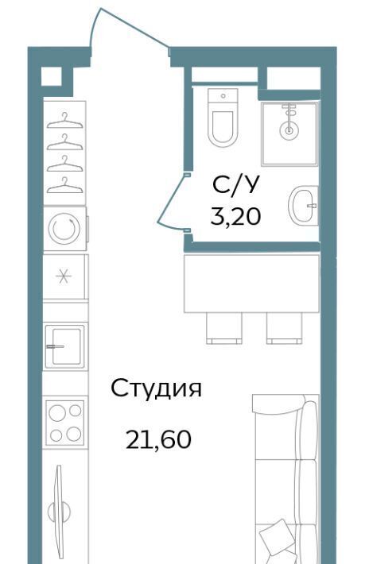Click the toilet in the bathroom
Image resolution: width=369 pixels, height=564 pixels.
[223, 118]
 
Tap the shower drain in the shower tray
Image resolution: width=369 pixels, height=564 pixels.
[289, 129]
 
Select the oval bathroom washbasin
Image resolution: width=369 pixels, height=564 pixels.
[303, 206]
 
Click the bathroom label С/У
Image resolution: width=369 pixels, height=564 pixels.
[235, 185]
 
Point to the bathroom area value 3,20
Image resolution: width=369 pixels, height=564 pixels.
[235, 216]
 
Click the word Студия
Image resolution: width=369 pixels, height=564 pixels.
[156, 388]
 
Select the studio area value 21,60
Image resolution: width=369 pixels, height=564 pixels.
[158, 439]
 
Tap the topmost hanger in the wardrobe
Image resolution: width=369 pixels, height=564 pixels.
[64, 121]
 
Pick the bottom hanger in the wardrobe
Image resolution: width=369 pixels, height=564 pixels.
[64, 185]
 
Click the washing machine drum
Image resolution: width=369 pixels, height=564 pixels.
[64, 229]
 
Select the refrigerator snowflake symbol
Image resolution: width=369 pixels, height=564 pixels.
[64, 276]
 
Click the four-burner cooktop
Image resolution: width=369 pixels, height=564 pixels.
[64, 423]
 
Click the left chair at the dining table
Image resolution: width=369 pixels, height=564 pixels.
[224, 328]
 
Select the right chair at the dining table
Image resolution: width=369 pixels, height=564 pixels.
[285, 328]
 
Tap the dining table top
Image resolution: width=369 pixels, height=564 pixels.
[251, 284]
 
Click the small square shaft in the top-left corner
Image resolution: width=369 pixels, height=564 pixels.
[50, 76]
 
